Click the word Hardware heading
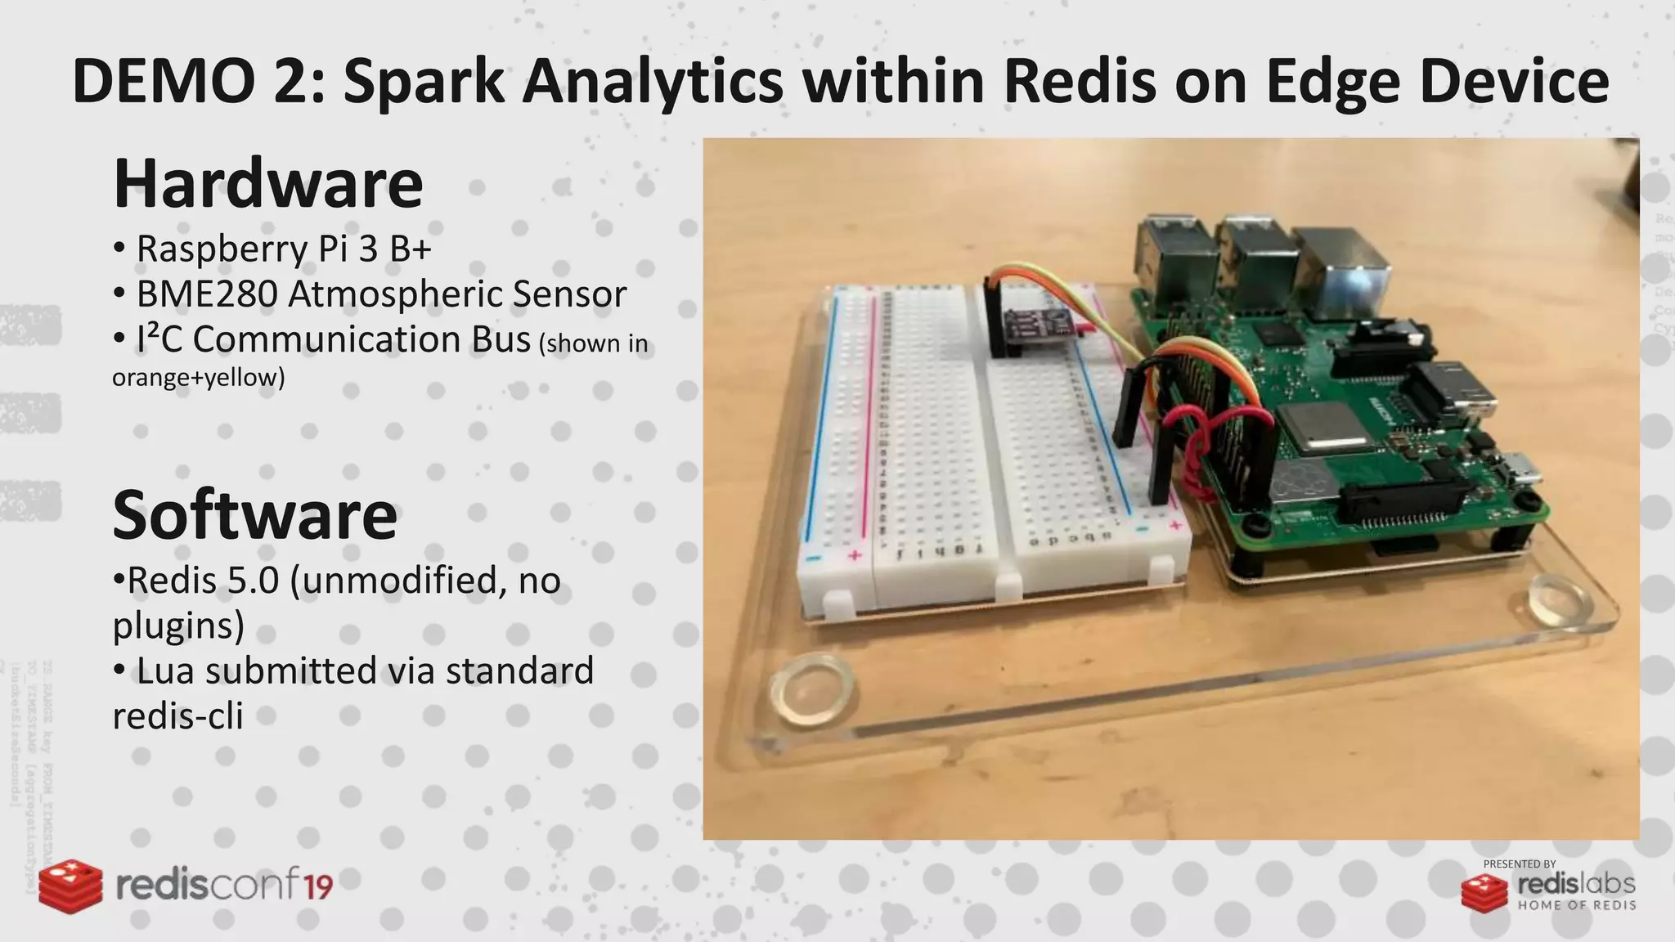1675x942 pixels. pyautogui.click(x=267, y=184)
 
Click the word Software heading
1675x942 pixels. pyautogui.click(x=254, y=515)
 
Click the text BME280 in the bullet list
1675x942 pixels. pyautogui.click(x=207, y=294)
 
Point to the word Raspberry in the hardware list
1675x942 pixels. pyautogui.click(x=222, y=249)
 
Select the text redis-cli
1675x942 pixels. pyautogui.click(x=177, y=716)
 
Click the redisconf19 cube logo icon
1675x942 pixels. pyautogui.click(x=71, y=886)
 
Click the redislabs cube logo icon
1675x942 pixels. pyautogui.click(x=1484, y=892)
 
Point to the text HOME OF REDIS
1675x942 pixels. pyautogui.click(x=1577, y=905)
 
